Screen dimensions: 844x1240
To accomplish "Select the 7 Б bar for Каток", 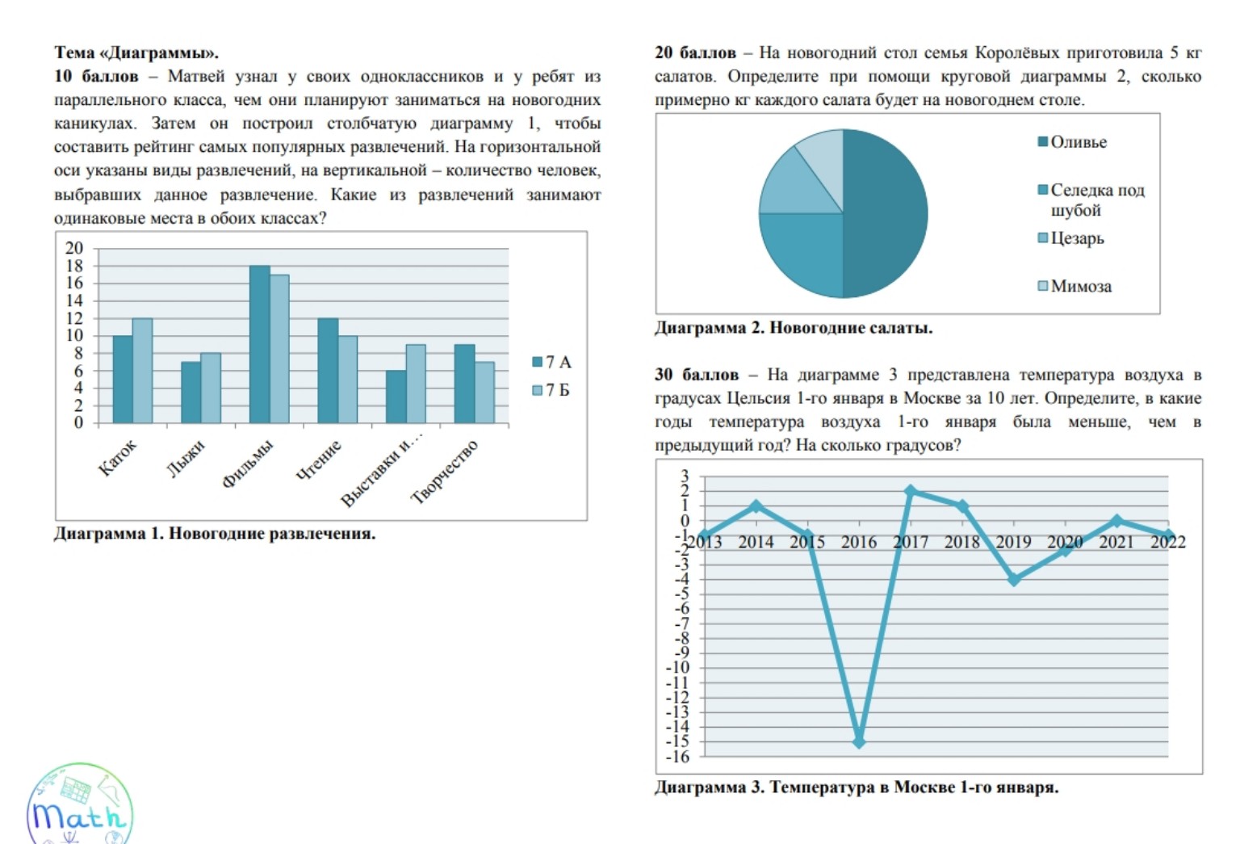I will click(x=142, y=371).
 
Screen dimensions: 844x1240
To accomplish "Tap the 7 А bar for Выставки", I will click(x=396, y=397).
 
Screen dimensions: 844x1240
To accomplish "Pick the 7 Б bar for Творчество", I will click(x=484, y=393).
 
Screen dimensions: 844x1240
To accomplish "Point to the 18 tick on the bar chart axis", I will click(x=74, y=266).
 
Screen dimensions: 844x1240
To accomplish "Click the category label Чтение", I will click(x=319, y=461).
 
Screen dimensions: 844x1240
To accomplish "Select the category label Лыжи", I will click(x=186, y=459).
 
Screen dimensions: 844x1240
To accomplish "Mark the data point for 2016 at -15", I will click(x=859, y=741).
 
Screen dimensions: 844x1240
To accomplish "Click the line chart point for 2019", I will click(x=1014, y=580).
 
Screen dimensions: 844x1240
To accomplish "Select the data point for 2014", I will click(x=756, y=506).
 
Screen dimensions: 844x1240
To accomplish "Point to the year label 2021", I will click(x=1116, y=542).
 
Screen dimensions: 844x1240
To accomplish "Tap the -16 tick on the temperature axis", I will click(x=678, y=757).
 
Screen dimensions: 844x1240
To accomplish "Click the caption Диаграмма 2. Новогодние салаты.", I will click(x=793, y=328).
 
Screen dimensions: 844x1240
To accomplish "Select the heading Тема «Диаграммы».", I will click(x=136, y=52).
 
